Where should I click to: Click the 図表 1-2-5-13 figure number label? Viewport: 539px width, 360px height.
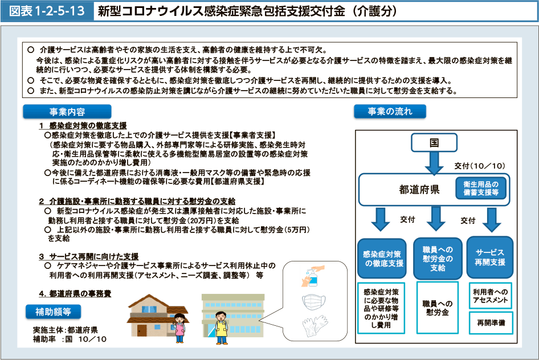(x=47, y=11)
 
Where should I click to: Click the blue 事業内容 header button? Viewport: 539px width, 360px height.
(x=67, y=112)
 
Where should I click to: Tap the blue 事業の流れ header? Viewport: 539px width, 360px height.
(x=390, y=111)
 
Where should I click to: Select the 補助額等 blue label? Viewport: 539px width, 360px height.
(x=54, y=312)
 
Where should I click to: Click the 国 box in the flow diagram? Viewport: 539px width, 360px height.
(x=434, y=142)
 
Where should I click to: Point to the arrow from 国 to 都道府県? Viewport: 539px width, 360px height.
(x=434, y=163)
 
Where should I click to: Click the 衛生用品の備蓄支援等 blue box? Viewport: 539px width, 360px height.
(x=481, y=188)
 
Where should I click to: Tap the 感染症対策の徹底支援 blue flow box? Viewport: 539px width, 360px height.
(x=382, y=259)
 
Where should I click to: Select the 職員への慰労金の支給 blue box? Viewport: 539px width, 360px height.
(x=438, y=258)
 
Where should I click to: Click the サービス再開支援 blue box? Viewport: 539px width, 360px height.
(x=490, y=257)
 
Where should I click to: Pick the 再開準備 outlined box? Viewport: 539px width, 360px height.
(x=491, y=323)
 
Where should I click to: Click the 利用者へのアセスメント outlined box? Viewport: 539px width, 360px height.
(x=491, y=296)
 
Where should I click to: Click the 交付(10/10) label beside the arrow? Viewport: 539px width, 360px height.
(x=480, y=166)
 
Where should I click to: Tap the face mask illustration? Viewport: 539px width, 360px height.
(x=314, y=302)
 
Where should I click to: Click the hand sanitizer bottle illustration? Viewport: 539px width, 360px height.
(x=313, y=276)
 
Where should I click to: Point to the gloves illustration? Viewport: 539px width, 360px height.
(x=315, y=326)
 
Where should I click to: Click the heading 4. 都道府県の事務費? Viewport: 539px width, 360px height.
(x=75, y=294)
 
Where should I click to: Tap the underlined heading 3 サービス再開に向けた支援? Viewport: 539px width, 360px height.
(x=89, y=256)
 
